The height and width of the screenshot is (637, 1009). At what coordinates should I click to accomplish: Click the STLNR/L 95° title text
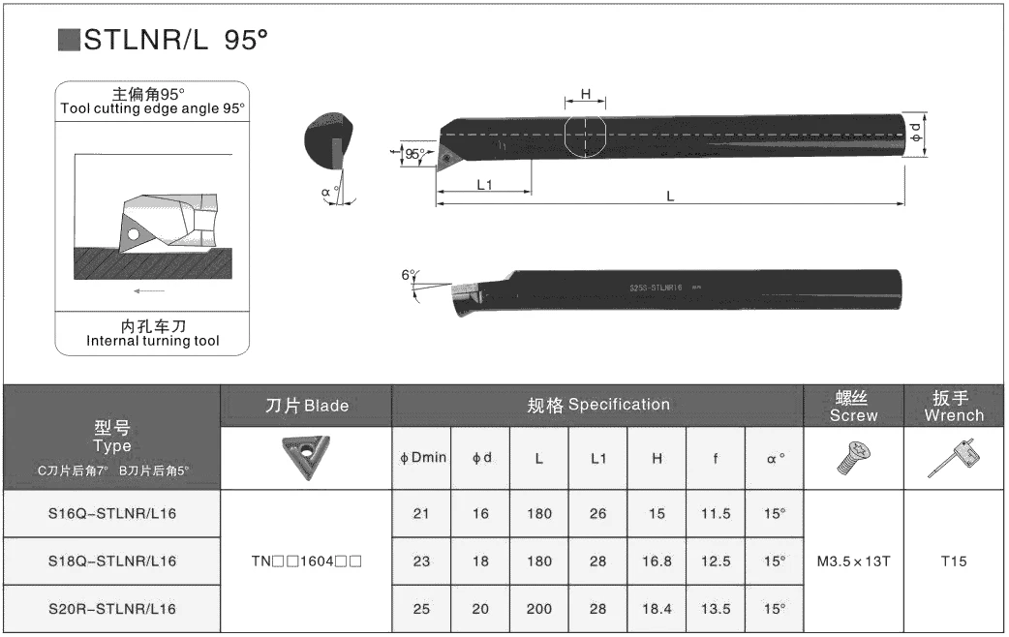point(175,40)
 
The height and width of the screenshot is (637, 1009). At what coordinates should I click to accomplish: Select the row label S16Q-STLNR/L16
point(112,513)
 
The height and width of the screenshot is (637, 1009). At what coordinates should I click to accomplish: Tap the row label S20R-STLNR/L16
point(112,609)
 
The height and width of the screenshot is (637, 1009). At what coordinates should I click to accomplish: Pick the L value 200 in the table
point(539,609)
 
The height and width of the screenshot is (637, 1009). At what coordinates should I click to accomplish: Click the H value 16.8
point(657,561)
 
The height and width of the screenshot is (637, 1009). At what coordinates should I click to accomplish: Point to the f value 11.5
point(716,513)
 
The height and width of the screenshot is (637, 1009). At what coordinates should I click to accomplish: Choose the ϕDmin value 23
point(421,561)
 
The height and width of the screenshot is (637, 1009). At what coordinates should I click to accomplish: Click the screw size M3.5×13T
point(854,561)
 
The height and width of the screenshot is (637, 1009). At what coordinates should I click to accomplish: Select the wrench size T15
point(954,561)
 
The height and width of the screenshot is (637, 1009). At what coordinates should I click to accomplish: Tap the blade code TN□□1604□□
point(306,561)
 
